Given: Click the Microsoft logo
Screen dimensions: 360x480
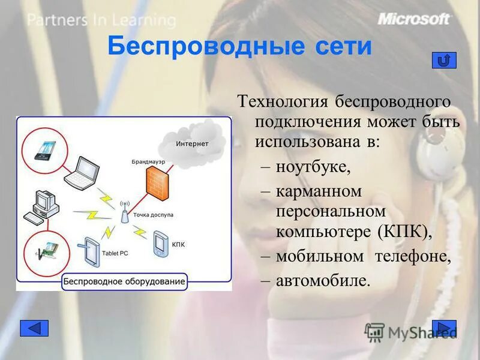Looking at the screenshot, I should click(413, 19).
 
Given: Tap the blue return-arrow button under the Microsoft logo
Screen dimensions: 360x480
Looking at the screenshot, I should click(444, 60).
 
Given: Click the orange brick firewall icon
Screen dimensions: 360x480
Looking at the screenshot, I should click(157, 179).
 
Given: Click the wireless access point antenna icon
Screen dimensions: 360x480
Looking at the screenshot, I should click(124, 212).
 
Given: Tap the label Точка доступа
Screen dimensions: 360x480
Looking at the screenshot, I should click(154, 214).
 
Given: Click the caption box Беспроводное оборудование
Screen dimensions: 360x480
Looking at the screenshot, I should click(125, 281).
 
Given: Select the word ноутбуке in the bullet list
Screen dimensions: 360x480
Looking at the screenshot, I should click(313, 166).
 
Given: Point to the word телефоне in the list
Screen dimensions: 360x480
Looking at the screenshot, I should click(412, 256).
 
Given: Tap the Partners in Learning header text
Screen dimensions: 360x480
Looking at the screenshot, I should click(101, 20).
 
